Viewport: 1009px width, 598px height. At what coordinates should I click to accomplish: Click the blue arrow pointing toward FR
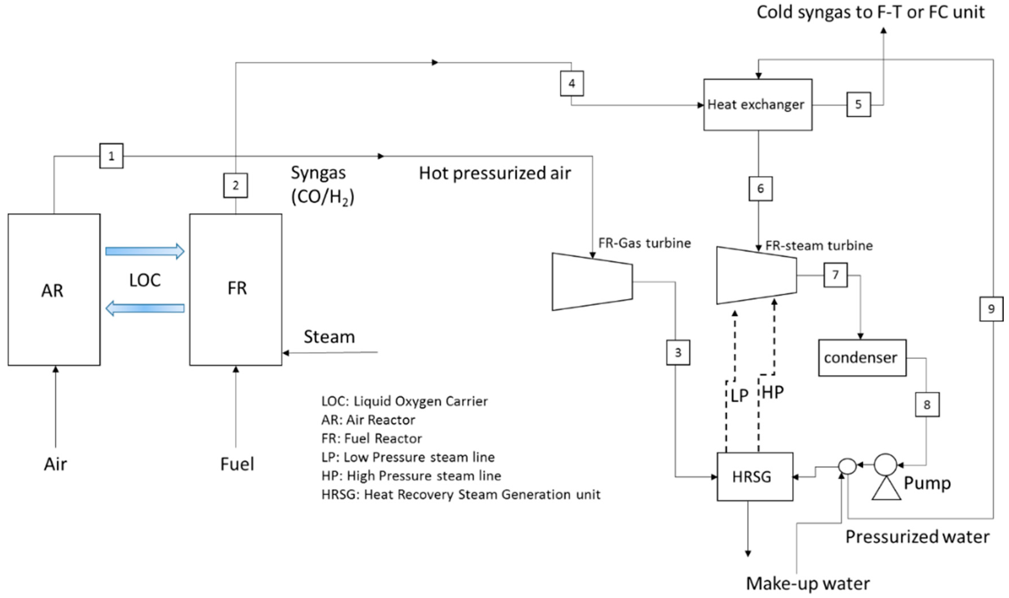click(x=145, y=251)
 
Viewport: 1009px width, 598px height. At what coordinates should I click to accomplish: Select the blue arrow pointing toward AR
click(x=145, y=308)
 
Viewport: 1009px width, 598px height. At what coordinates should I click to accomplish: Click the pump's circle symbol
click(x=885, y=465)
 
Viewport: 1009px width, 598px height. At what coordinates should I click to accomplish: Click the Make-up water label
click(x=808, y=583)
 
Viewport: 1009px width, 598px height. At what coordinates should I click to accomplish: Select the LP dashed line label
click(x=739, y=396)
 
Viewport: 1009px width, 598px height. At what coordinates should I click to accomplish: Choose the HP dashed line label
click(x=773, y=392)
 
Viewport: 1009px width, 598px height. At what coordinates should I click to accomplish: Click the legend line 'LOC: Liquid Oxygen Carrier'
click(x=404, y=401)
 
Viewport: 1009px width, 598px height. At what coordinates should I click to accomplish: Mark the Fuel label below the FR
click(x=237, y=464)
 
